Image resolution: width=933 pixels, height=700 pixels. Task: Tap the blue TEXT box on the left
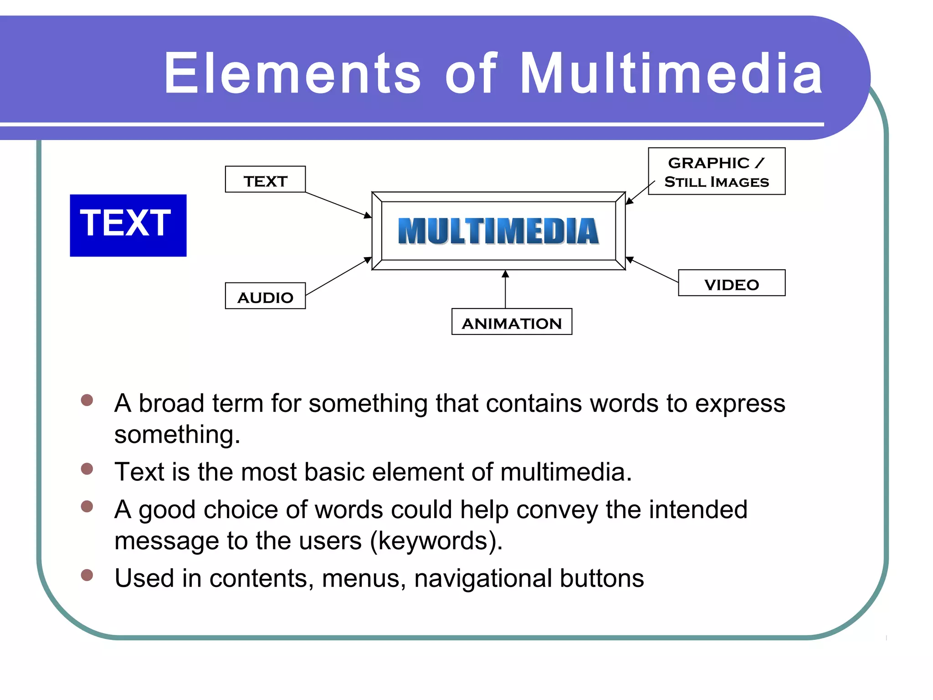point(128,225)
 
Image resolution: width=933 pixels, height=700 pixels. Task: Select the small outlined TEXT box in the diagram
point(265,180)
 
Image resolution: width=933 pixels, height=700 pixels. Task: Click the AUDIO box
point(265,296)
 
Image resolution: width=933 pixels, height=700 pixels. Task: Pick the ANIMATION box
point(512,322)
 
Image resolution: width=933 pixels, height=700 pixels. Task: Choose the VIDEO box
point(731,283)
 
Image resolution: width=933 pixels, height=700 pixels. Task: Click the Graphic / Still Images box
point(716,171)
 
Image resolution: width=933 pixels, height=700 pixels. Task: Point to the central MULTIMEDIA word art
point(498,231)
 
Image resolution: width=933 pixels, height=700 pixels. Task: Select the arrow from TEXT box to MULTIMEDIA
point(338,205)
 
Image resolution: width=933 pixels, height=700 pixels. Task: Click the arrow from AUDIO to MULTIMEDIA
point(338,277)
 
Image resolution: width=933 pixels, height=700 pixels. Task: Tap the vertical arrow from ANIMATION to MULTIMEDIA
point(505,290)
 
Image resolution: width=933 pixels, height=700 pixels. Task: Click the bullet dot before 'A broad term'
point(87,400)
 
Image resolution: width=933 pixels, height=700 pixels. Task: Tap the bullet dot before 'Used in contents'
point(87,575)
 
